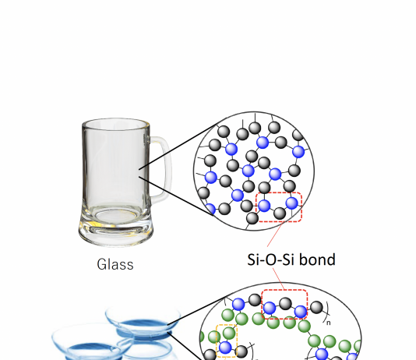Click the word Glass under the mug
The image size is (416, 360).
pos(115,264)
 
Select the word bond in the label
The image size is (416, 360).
pos(317,259)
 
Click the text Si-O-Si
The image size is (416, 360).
pos(270,259)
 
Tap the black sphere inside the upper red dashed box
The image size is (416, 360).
pos(280,214)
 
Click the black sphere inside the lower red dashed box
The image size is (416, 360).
pos(285,304)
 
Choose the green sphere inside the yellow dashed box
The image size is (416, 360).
pos(229,333)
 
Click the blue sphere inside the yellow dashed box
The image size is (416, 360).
pos(225,348)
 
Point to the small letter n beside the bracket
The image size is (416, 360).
pos(329,323)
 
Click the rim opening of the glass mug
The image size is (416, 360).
pos(115,124)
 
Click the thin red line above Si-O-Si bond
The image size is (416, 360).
pos(275,235)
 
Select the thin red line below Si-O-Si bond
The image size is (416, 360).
pos(279,278)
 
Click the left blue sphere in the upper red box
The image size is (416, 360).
pos(264,206)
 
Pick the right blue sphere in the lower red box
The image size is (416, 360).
pos(301,312)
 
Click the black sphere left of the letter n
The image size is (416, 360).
pos(316,307)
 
